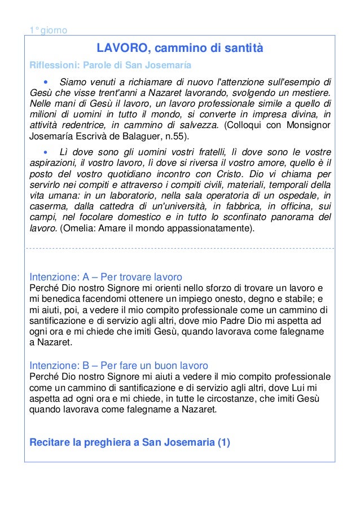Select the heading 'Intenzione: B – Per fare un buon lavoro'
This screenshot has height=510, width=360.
pyautogui.click(x=118, y=365)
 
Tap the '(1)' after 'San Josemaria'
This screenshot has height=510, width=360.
pyautogui.click(x=223, y=442)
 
